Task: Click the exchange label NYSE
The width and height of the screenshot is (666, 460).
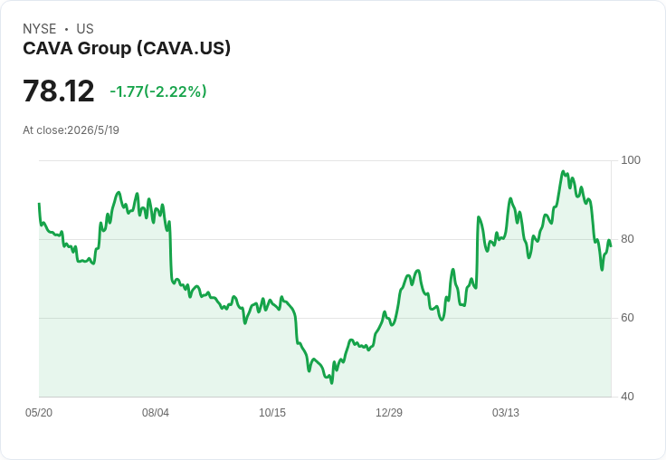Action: coord(40,29)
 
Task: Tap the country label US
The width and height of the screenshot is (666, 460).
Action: coord(85,29)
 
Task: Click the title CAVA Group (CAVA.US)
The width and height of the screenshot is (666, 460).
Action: coord(127,48)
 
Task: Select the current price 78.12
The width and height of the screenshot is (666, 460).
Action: coord(59,91)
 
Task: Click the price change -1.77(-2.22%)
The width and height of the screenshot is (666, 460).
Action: coord(158,91)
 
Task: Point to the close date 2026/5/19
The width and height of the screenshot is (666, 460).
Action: coord(93,130)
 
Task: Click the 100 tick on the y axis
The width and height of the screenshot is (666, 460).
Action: coord(631,160)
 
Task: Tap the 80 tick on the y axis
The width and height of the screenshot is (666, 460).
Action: coord(627,239)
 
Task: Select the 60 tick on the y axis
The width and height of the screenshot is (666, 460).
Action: coord(627,318)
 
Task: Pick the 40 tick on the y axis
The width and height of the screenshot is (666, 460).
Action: coord(627,397)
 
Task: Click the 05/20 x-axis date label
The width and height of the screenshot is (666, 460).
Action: coord(39,413)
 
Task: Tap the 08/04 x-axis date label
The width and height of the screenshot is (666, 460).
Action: coord(156,413)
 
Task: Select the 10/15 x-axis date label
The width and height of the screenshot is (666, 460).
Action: coord(272,413)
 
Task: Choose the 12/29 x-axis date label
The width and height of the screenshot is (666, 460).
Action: coord(389,413)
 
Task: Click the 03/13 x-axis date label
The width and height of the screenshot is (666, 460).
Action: coord(506,413)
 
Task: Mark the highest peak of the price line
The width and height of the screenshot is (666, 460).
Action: coord(563,171)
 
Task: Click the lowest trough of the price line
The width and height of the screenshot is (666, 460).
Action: coord(332,383)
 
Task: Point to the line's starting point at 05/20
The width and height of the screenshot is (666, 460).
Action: coord(39,204)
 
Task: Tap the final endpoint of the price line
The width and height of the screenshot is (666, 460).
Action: coord(611,246)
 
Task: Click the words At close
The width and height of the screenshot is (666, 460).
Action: coord(43,130)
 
